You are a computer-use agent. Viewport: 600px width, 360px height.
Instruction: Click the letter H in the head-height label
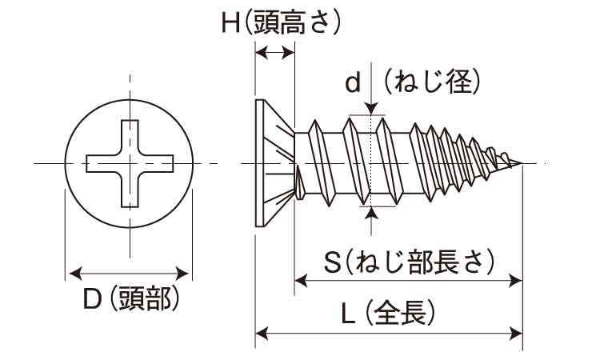pyautogui.click(x=232, y=23)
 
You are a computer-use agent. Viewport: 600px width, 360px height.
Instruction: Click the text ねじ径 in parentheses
pyautogui.click(x=431, y=81)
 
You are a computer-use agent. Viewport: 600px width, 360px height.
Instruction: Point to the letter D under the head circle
pyautogui.click(x=93, y=301)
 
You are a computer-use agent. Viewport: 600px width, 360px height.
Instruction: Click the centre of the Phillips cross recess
pyautogui.click(x=127, y=163)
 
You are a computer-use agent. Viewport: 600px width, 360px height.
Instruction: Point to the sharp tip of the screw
pyautogui.click(x=521, y=164)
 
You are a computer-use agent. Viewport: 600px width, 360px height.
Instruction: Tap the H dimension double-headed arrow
pyautogui.click(x=274, y=52)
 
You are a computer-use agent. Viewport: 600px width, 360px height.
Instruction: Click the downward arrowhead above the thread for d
pyautogui.click(x=373, y=110)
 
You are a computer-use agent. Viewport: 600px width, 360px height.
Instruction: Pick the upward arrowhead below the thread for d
pyautogui.click(x=373, y=213)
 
